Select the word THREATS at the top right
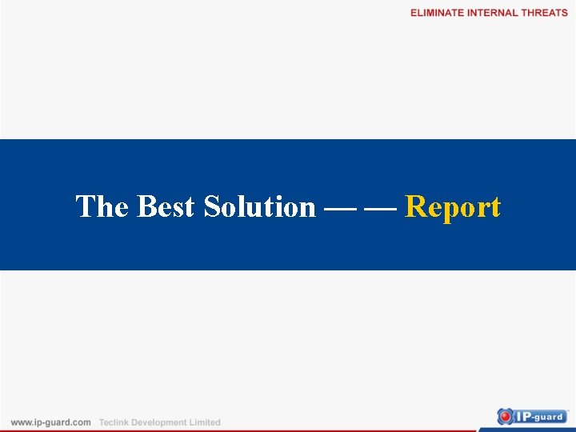coord(544,13)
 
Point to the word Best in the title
coord(166,207)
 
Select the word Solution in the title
coord(259,207)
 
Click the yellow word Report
coord(453,207)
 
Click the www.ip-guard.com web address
coord(50,422)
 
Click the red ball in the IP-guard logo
coord(506,416)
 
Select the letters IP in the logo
coord(522,416)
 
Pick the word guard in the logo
coord(550,416)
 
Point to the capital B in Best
coord(146,207)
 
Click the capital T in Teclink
coord(102,422)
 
